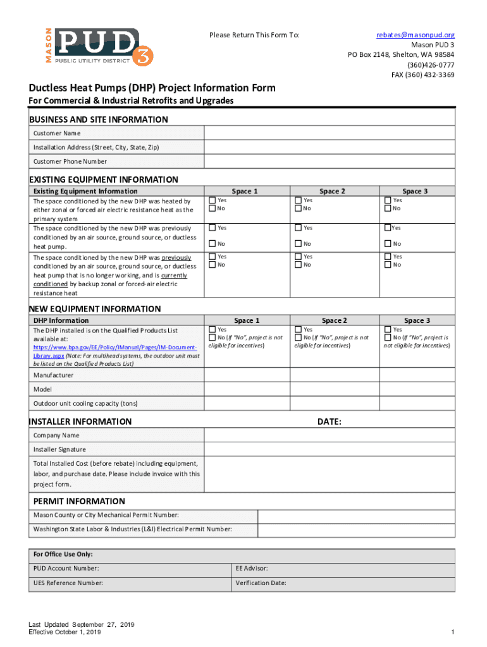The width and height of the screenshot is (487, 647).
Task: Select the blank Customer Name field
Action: point(329,133)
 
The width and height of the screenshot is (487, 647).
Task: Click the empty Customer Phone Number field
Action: point(329,161)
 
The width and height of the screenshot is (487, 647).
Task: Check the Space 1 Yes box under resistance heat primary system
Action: point(213,200)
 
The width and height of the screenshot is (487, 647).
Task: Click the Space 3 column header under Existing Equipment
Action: point(415,191)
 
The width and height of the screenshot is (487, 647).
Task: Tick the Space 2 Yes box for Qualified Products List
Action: point(299,329)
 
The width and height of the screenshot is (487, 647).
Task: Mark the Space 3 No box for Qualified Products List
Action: point(388,337)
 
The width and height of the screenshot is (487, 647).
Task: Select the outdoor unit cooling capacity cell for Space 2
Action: point(333,403)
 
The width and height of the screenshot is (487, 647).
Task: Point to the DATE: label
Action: point(329,421)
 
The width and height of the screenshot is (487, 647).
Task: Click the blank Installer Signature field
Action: point(329,449)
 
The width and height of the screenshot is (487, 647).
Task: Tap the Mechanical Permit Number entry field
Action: point(356,515)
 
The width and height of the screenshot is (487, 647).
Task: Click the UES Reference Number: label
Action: point(68,583)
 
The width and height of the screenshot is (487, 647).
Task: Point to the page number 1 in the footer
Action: point(453,632)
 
